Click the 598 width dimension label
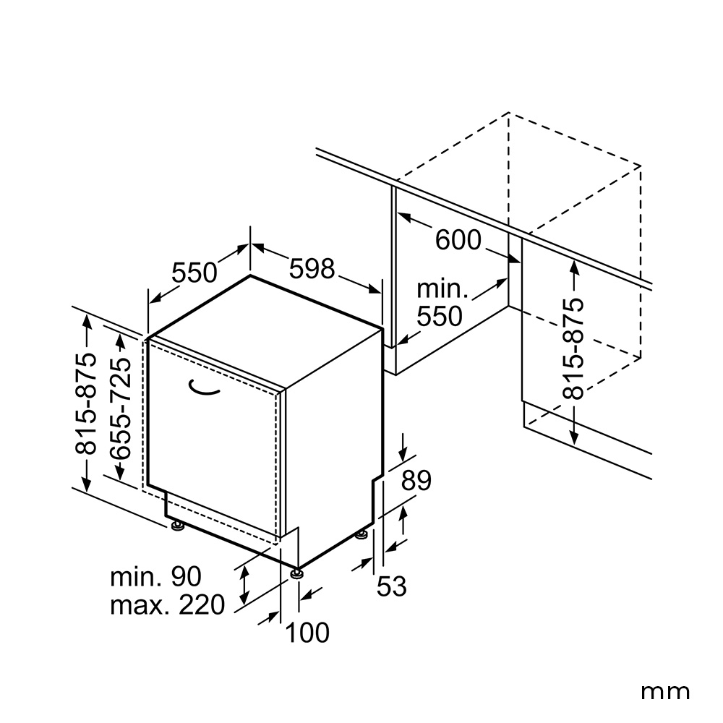click(312, 268)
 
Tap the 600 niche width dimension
click(458, 240)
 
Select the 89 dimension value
click(416, 481)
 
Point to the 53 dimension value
click(391, 586)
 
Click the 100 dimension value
click(307, 632)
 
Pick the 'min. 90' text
click(156, 576)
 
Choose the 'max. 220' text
click(168, 604)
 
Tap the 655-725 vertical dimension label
click(120, 408)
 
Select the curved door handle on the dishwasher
click(203, 390)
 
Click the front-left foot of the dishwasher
click(176, 526)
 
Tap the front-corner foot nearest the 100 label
click(296, 573)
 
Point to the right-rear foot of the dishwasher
click(362, 535)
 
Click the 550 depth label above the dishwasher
click(194, 273)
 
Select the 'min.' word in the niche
click(442, 290)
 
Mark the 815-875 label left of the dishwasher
click(86, 403)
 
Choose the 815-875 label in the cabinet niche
click(573, 348)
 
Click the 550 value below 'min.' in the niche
click(440, 317)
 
